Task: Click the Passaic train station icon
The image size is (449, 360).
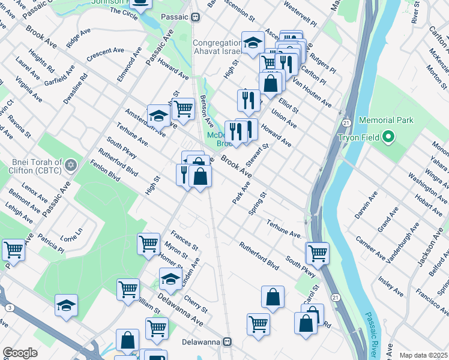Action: tap(196, 17)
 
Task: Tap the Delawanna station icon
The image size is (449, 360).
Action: tap(227, 342)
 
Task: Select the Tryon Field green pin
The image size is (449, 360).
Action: tap(388, 138)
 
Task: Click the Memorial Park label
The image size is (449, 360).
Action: tap(386, 120)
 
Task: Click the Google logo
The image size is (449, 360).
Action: tap(20, 353)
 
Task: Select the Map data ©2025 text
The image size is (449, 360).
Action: tap(423, 355)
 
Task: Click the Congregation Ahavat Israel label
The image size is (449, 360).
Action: tap(220, 47)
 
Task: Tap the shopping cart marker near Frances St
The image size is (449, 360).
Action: tap(148, 244)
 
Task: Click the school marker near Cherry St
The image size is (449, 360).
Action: tap(170, 278)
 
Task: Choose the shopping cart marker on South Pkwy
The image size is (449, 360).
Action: tap(317, 252)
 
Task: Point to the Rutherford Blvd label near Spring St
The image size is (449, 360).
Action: tap(259, 255)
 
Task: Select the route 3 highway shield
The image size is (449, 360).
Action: tap(10, 308)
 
